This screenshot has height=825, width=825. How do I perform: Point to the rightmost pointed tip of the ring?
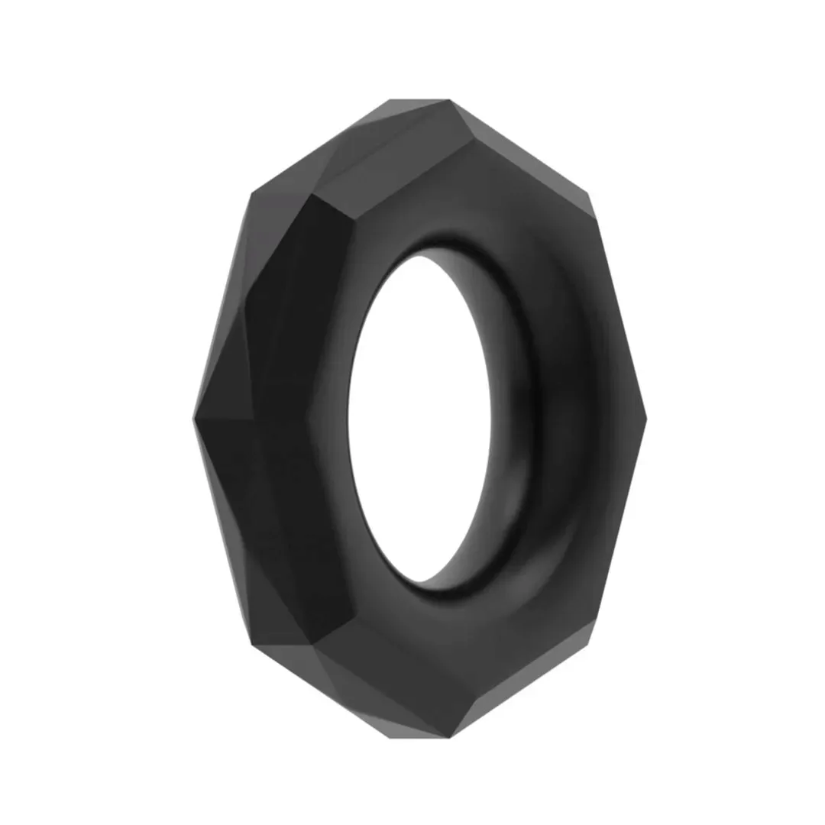(x=646, y=419)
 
